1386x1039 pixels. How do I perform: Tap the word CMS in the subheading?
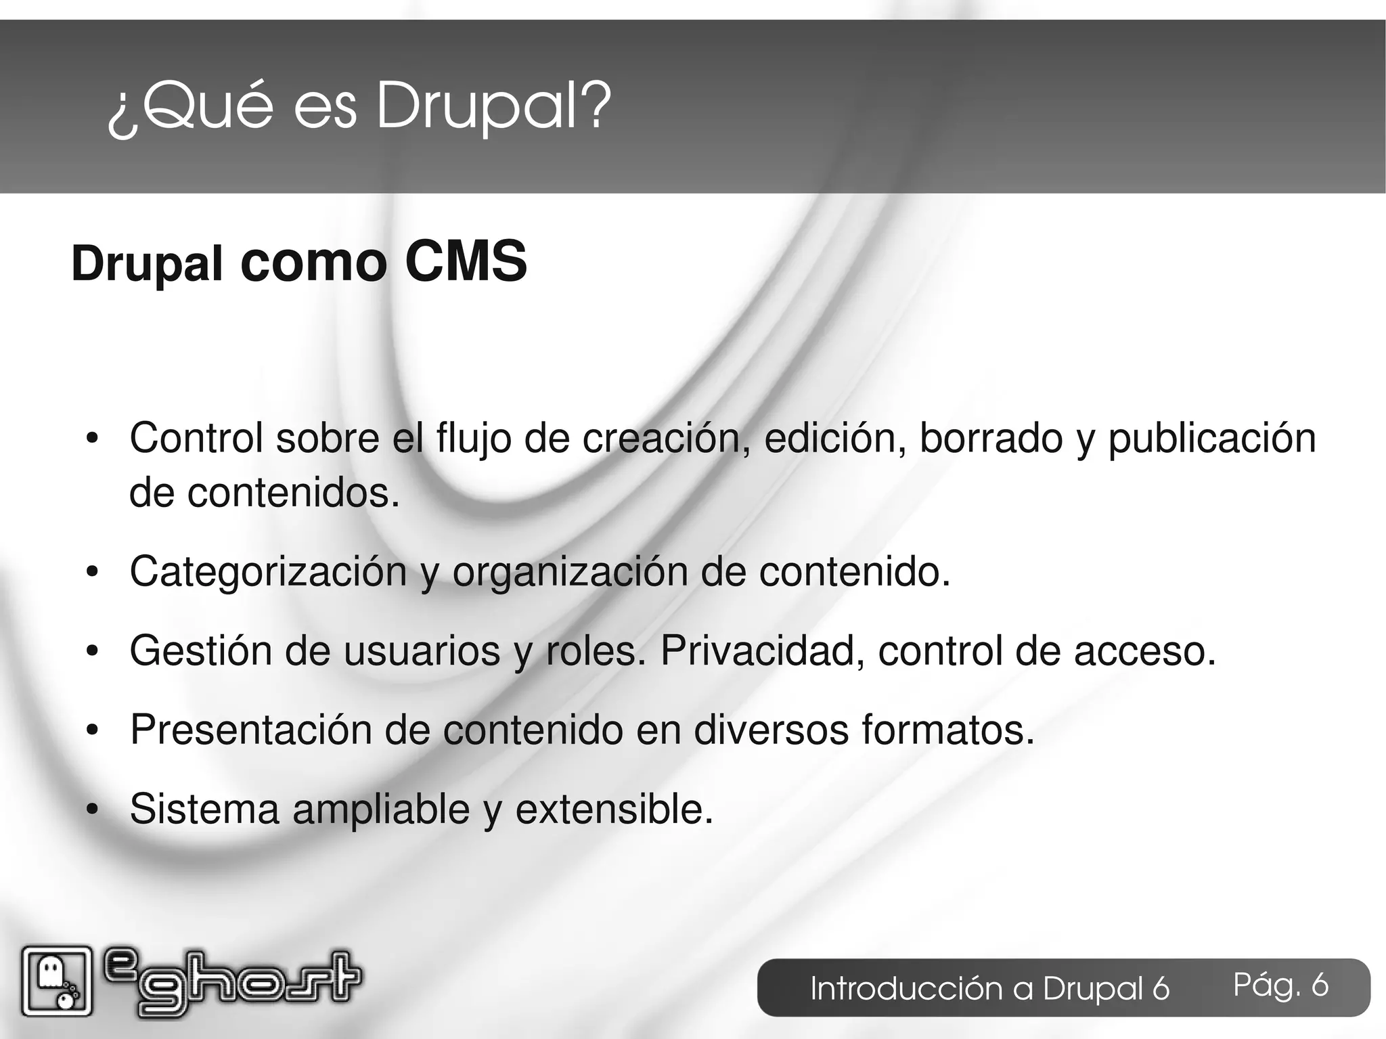466,263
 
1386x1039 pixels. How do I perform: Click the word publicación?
1211,439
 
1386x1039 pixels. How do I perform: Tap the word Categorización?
268,572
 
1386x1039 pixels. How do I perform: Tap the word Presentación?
250,730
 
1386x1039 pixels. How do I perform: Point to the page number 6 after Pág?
1320,985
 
